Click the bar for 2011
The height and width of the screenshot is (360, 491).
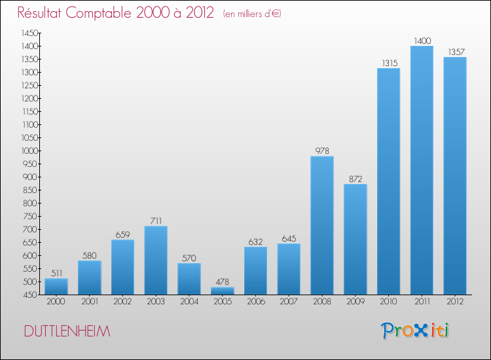pyautogui.click(x=422, y=170)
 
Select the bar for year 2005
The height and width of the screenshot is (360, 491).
pyautogui.click(x=223, y=291)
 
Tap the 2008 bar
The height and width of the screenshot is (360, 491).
pyautogui.click(x=322, y=225)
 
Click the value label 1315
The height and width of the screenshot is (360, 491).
pyautogui.click(x=389, y=63)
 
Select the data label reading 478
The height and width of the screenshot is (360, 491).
pyautogui.click(x=223, y=282)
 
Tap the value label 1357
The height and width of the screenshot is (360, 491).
pyautogui.click(x=455, y=52)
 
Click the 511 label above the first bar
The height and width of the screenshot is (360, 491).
pyautogui.click(x=56, y=274)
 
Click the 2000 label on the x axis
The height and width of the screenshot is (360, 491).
pyautogui.click(x=56, y=302)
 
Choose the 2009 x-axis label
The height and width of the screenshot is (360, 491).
pyautogui.click(x=355, y=302)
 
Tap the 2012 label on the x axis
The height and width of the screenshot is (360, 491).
pyautogui.click(x=455, y=302)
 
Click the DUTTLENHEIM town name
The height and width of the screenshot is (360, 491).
pyautogui.click(x=67, y=332)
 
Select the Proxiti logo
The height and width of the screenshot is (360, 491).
pyautogui.click(x=416, y=331)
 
